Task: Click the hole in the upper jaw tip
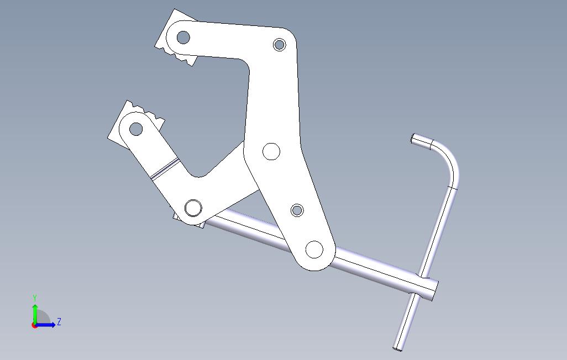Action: click(183, 37)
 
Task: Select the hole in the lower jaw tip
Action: click(135, 129)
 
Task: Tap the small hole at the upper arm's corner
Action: click(279, 45)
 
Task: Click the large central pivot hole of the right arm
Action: click(271, 151)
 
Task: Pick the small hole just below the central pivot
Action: click(297, 210)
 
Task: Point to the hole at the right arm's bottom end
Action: click(314, 250)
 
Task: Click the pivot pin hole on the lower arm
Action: click(193, 208)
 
